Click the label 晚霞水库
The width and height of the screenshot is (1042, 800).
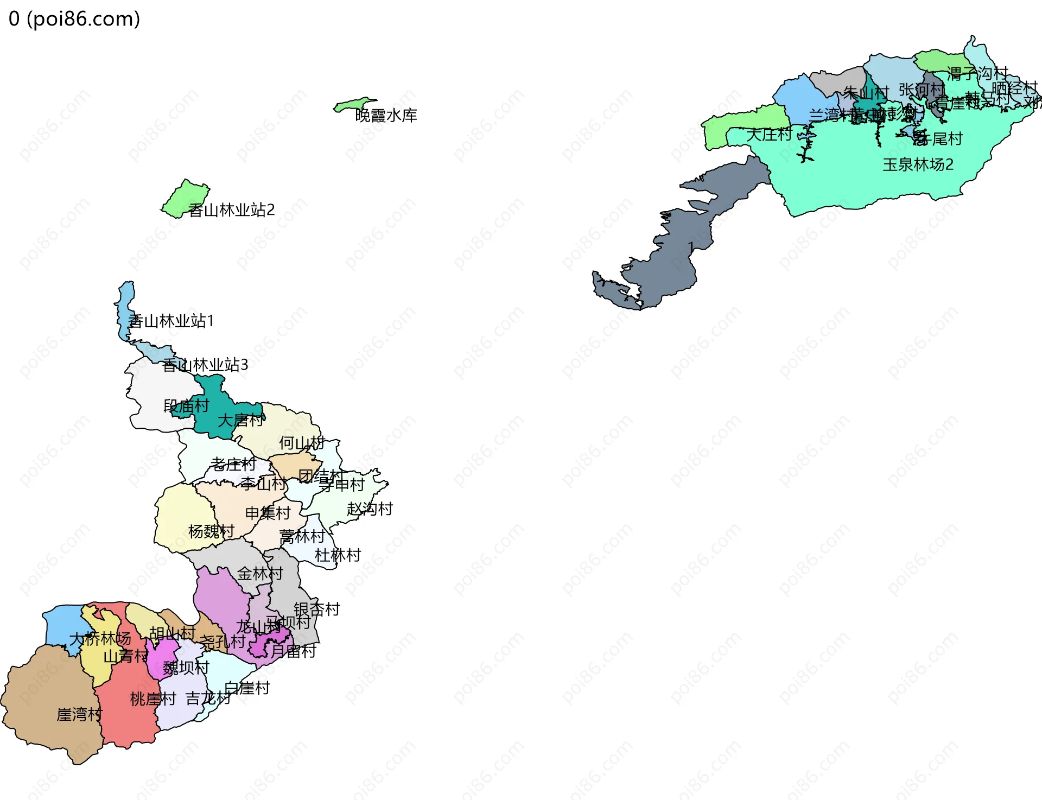click(386, 116)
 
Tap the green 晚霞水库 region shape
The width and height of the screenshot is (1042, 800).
click(353, 104)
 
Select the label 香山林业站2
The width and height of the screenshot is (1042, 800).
click(231, 210)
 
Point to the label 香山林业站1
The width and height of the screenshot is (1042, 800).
click(171, 321)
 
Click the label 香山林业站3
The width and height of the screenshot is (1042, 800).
click(205, 365)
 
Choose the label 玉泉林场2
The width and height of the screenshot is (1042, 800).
click(918, 164)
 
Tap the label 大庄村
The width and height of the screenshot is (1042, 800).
click(769, 134)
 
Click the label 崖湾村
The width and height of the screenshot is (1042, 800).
click(79, 714)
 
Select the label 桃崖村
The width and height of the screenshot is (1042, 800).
click(153, 699)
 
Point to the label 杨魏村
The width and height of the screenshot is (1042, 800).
click(211, 531)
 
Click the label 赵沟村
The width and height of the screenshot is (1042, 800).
click(370, 509)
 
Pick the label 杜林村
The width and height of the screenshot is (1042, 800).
click(338, 555)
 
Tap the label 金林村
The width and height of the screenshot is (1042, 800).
click(260, 574)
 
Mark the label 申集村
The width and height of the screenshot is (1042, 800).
click(268, 513)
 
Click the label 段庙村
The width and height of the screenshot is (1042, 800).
click(186, 406)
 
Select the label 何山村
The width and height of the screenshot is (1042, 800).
click(302, 443)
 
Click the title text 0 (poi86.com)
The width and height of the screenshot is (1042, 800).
click(74, 19)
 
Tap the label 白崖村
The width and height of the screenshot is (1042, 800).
click(247, 688)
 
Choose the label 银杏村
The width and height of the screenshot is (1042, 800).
click(317, 609)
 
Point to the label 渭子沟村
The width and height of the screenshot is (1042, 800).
click(977, 73)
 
